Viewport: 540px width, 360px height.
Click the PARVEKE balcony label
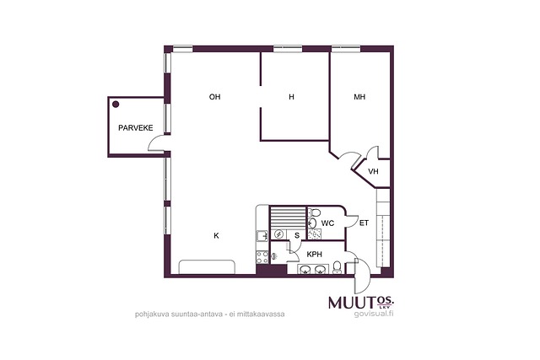tap(135, 128)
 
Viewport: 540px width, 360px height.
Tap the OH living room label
tap(214, 97)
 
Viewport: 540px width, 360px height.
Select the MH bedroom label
tap(359, 97)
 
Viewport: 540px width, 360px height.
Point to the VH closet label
tap(373, 171)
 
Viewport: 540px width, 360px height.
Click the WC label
tap(327, 223)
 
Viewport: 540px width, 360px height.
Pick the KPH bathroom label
tap(315, 255)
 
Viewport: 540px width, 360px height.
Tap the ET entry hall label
tap(364, 223)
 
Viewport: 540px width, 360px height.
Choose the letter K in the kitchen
tap(216, 236)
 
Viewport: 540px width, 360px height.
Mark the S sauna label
tap(297, 236)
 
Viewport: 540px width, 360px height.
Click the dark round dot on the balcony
tap(116, 105)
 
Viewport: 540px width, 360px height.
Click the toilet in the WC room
tap(314, 212)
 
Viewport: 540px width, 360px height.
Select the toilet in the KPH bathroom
tap(337, 267)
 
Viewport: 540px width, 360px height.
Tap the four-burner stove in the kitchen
tap(262, 257)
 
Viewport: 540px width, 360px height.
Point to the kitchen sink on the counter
tap(262, 235)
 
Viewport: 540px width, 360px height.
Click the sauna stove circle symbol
tap(278, 234)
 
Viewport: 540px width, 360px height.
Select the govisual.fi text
tap(373, 314)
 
